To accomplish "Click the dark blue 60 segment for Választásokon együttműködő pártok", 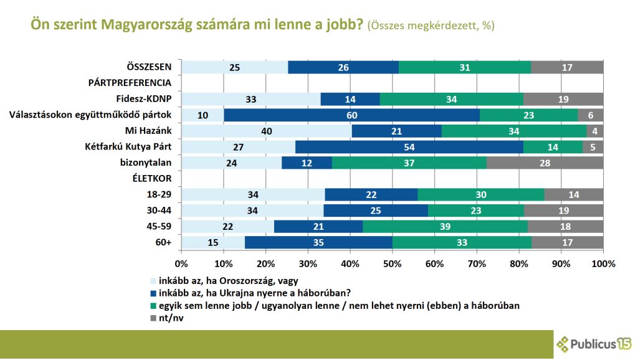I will (351, 115).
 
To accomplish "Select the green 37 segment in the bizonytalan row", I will (409, 163).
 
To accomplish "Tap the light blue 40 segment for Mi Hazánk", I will (267, 131).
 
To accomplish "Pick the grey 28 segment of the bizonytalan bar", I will (545, 163).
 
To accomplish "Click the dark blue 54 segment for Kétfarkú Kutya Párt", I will (409, 147).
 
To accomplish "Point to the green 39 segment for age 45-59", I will (445, 227).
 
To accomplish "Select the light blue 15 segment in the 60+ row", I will (213, 242).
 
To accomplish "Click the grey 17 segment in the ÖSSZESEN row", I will (567, 67).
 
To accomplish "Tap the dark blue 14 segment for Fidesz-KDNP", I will (350, 99).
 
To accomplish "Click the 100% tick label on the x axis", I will (603, 263).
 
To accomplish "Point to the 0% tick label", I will (181, 263).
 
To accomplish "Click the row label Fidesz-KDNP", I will (144, 99).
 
